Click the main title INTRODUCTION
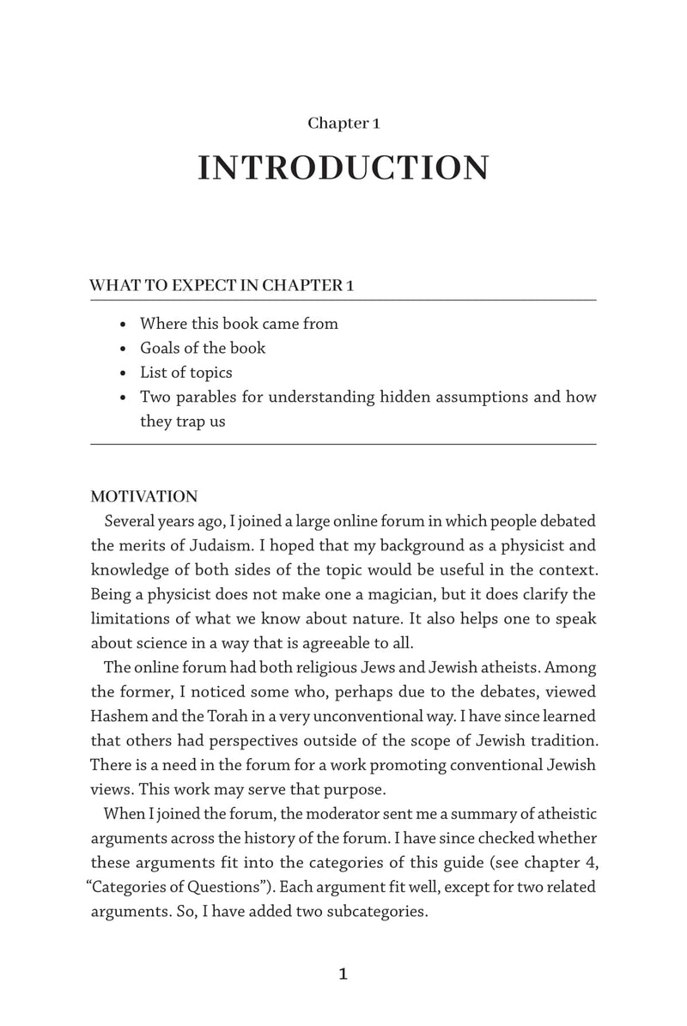coord(343,168)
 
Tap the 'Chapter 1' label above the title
coord(343,124)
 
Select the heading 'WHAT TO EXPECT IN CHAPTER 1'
coord(222,286)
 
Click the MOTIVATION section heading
coord(144,497)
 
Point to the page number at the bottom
coord(343,974)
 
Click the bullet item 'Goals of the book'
coord(203,349)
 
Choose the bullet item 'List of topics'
coord(185,373)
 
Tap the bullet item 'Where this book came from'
coord(239,325)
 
